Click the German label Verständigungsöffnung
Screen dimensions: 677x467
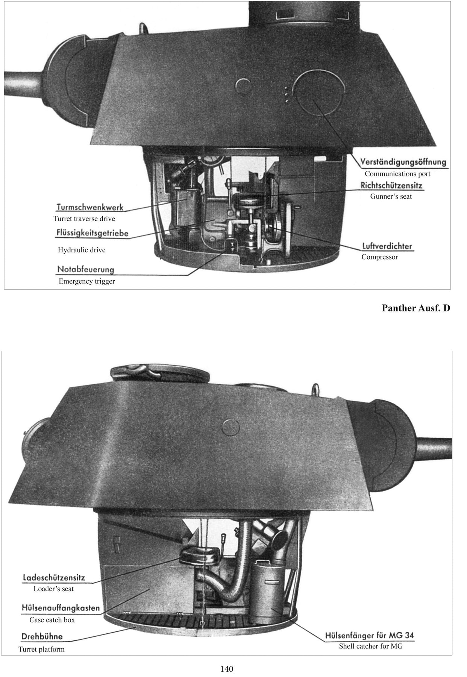(403, 162)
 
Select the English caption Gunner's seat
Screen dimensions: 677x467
(391, 196)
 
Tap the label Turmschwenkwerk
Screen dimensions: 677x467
(90, 207)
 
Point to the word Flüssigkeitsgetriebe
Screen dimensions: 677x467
(92, 233)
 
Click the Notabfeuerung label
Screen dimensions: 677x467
(85, 269)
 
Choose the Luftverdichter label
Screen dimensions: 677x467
(387, 246)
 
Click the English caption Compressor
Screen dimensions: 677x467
(379, 257)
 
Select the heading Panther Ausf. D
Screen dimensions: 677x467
(415, 308)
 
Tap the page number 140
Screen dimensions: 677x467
(227, 669)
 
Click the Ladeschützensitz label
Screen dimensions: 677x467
(54, 577)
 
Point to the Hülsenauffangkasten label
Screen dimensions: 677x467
(61, 608)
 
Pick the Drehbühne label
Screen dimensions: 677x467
(42, 637)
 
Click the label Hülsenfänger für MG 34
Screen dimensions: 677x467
(369, 636)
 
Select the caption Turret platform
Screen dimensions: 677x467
(41, 650)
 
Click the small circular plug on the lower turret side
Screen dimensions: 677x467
(231, 427)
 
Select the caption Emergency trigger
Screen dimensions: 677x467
(86, 281)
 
